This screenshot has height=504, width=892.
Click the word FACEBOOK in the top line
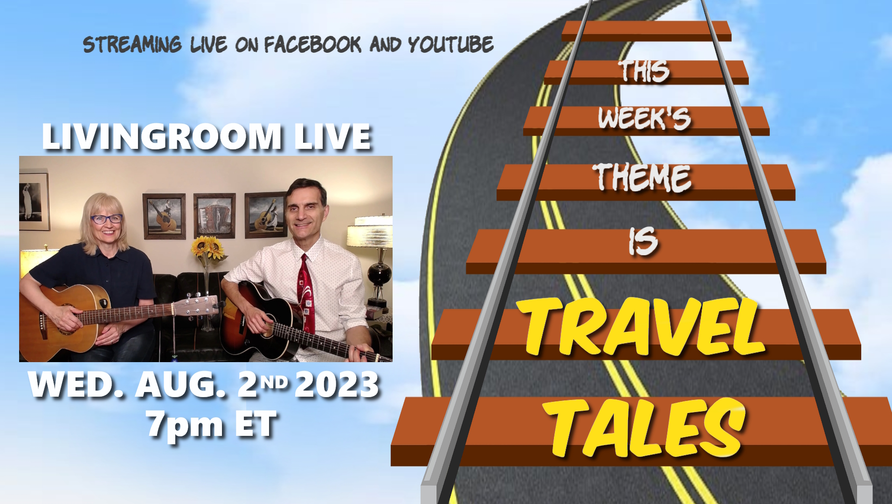point(312,44)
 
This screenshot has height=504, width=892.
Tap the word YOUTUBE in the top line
point(450,44)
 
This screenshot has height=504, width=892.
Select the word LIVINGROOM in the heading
point(162,137)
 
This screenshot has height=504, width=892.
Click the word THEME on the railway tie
point(642,177)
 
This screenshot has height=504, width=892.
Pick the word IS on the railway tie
point(643,242)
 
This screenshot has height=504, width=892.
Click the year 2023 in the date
point(337,385)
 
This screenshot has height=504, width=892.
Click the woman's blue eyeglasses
point(106,218)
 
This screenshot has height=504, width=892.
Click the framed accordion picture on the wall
point(214,216)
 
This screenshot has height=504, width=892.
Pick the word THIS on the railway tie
point(644,71)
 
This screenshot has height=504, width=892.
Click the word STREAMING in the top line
point(132,44)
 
